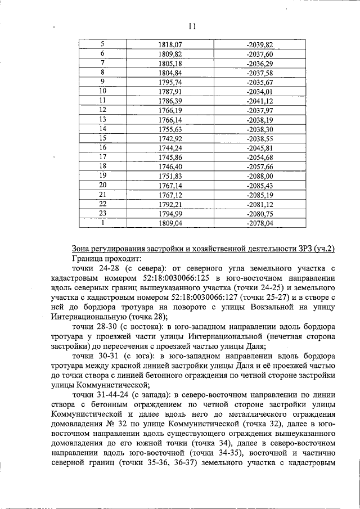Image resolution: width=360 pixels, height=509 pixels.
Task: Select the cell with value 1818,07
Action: [x=170, y=44]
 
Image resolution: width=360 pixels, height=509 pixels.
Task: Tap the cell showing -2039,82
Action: [x=259, y=44]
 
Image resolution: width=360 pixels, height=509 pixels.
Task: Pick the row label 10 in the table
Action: [x=102, y=91]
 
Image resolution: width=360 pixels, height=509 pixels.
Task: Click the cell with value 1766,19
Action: [x=170, y=110]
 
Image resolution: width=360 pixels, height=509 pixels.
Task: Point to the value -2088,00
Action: [x=259, y=175]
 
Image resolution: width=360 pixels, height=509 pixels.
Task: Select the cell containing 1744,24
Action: [x=170, y=147]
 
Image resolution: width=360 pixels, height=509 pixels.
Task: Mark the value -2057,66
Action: [x=259, y=166]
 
